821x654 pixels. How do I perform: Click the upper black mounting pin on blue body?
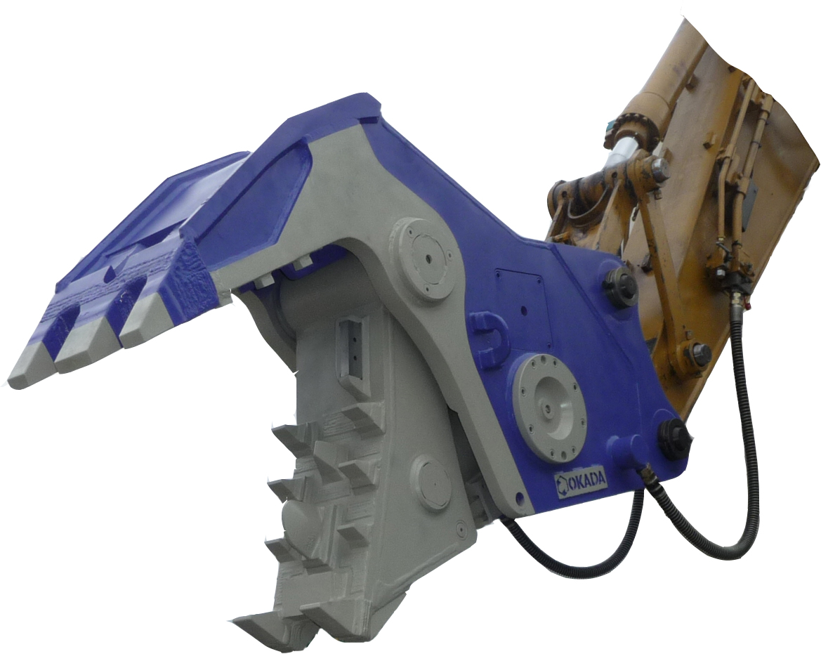(x=620, y=286)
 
